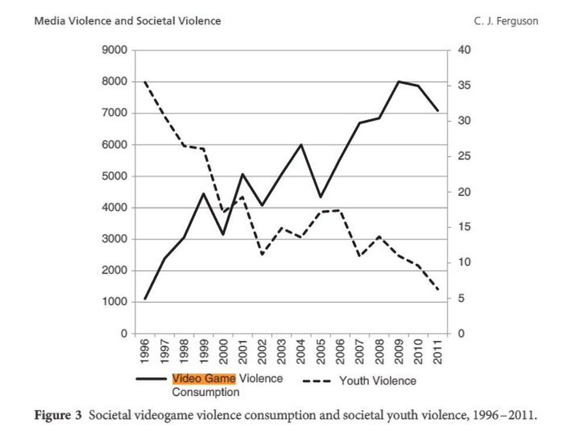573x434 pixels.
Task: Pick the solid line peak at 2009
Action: [399, 81]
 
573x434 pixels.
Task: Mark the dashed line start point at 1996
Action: [145, 82]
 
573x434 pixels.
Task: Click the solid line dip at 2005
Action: [320, 197]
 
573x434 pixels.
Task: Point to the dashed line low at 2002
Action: [262, 255]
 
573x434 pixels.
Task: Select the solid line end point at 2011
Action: [438, 110]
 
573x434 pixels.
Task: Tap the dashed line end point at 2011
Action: [438, 289]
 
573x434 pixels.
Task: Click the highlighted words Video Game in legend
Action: [204, 379]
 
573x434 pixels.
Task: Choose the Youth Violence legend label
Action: [378, 381]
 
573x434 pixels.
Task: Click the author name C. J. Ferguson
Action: [506, 21]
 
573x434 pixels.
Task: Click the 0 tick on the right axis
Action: [460, 334]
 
